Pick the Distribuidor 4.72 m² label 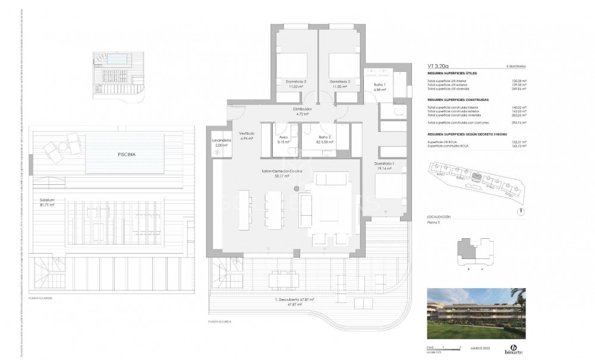306,111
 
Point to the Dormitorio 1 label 385,166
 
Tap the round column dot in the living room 296,188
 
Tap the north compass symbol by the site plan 521,210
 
